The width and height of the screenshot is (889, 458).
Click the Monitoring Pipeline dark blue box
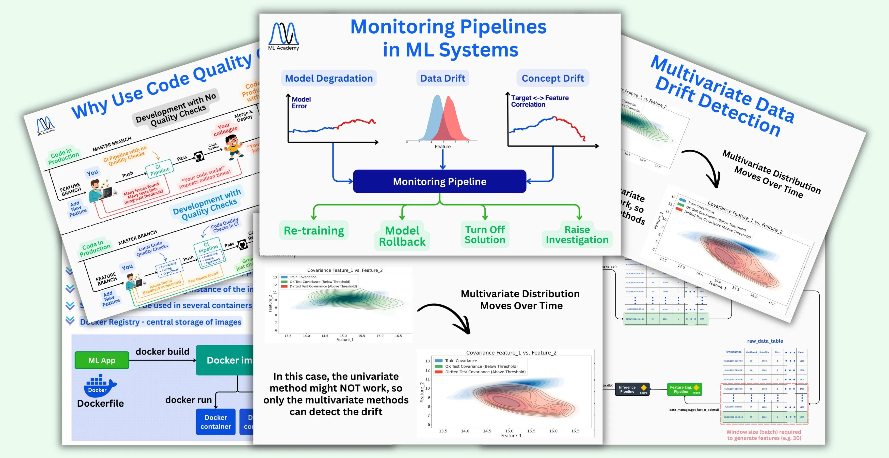pyautogui.click(x=439, y=181)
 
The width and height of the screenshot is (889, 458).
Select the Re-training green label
pyautogui.click(x=314, y=230)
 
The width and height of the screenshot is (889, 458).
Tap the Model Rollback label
pyautogui.click(x=402, y=236)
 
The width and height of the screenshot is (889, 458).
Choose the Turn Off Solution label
pyautogui.click(x=485, y=234)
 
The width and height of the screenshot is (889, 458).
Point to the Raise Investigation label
pyautogui.click(x=577, y=234)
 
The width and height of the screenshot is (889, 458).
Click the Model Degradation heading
pyautogui.click(x=329, y=78)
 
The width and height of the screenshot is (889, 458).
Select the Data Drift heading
pyautogui.click(x=442, y=78)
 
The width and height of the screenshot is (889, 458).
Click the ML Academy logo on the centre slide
pyautogui.click(x=284, y=36)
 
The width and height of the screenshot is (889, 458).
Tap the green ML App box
pyautogui.click(x=102, y=360)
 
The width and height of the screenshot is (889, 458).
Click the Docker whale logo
pyautogui.click(x=100, y=385)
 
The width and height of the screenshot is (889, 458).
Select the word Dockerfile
pyautogui.click(x=100, y=403)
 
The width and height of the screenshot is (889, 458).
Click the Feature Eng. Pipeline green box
pyautogui.click(x=684, y=389)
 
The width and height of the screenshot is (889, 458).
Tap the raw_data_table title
pyautogui.click(x=765, y=341)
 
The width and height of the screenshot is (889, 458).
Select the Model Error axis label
pyautogui.click(x=300, y=102)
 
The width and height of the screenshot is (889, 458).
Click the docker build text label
pyautogui.click(x=162, y=352)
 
